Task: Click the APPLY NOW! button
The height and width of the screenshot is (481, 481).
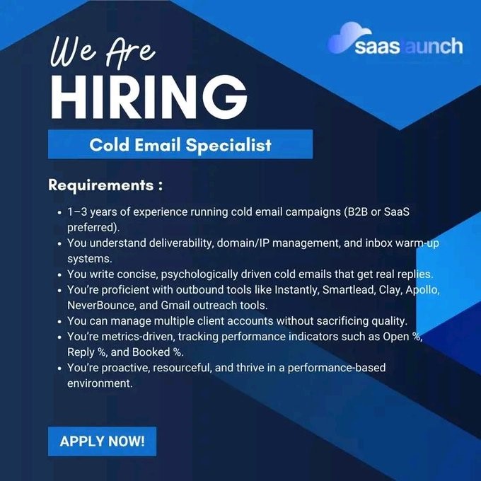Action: [x=102, y=441]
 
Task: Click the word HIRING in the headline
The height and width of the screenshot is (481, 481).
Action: [x=149, y=97]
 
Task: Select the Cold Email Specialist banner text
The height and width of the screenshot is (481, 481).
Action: [x=180, y=144]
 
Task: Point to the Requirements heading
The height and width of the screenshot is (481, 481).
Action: [x=105, y=185]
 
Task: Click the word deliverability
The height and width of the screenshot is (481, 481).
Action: [x=181, y=243]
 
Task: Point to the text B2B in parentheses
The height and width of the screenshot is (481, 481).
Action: [x=356, y=212]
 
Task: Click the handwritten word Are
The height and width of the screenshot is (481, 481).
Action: [x=130, y=52]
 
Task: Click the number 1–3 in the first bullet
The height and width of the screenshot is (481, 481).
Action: [x=77, y=212]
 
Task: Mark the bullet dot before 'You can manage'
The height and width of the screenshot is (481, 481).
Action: [x=60, y=321]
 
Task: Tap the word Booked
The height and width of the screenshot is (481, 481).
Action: [x=151, y=352]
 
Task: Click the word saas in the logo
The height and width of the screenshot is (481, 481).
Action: [x=377, y=47]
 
